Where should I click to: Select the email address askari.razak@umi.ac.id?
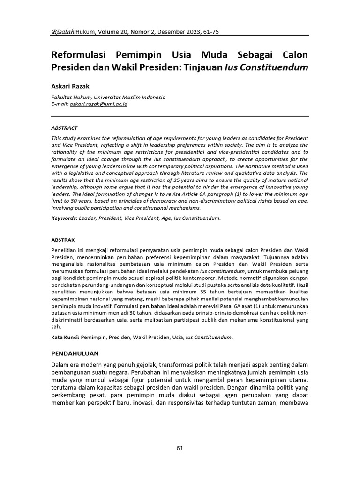pos(98,104)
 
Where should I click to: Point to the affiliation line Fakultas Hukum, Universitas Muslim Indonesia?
pos(108,97)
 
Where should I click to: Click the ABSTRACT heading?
pos(64,128)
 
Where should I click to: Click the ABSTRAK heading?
pos(63,240)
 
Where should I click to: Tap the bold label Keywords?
pos(64,218)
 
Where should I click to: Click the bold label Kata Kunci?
pos(66,337)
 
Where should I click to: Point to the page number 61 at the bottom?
pos(180,448)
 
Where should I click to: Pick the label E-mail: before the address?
pos(60,104)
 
